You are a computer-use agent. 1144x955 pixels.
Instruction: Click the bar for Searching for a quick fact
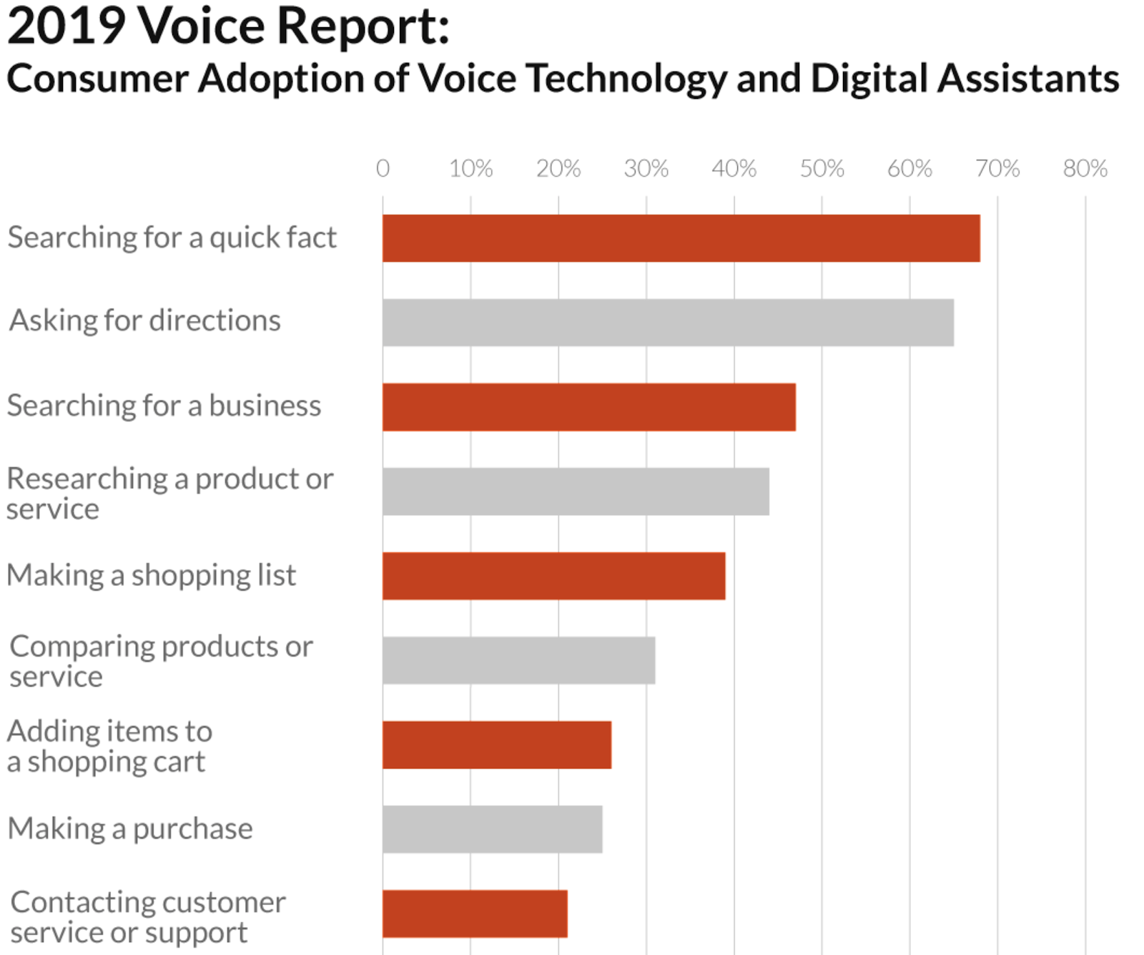point(681,238)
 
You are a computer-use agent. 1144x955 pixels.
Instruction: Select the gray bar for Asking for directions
point(668,323)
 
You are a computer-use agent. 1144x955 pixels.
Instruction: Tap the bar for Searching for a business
point(588,407)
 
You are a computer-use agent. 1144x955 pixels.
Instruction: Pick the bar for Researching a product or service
point(576,491)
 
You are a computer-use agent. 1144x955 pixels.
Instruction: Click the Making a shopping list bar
point(553,576)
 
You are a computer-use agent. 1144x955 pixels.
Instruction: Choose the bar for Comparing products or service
point(518,660)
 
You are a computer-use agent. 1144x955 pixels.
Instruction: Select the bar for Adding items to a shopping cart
point(497,745)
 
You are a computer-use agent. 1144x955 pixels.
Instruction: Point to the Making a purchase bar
point(492,829)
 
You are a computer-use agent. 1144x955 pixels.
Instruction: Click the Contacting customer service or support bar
point(475,914)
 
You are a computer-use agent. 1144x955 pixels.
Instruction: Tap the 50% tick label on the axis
point(822,169)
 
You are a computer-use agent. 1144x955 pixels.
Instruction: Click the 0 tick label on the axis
point(383,169)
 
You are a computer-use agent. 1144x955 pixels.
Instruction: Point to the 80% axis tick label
point(1085,169)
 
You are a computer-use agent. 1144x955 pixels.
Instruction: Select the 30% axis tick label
point(646,169)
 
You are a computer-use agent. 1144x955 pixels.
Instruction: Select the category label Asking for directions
point(144,320)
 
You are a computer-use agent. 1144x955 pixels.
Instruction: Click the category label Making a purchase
point(130,828)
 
